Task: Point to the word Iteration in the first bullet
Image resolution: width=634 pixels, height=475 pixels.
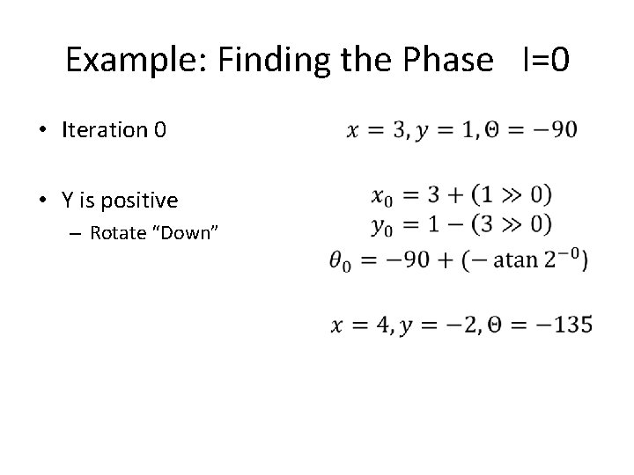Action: coord(105,130)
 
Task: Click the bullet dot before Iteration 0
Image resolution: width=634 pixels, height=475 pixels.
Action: coord(42,131)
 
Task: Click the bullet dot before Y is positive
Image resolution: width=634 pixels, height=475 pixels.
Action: coord(42,201)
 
